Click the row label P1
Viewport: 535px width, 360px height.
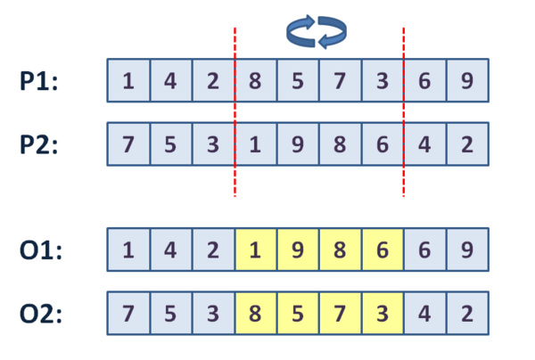pyautogui.click(x=39, y=81)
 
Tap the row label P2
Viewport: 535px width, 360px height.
pyautogui.click(x=39, y=144)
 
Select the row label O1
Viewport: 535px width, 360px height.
pyautogui.click(x=41, y=250)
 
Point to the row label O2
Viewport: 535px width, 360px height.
pyautogui.click(x=41, y=314)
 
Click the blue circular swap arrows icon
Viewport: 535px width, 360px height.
pyautogui.click(x=317, y=32)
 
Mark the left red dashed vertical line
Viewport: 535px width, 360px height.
pyautogui.click(x=235, y=111)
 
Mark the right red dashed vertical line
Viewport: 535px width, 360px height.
pyautogui.click(x=404, y=111)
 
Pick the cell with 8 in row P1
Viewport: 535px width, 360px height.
pyautogui.click(x=256, y=81)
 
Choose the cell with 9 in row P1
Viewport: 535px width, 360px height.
pyautogui.click(x=467, y=81)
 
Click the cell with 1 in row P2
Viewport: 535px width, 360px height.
pyautogui.click(x=256, y=144)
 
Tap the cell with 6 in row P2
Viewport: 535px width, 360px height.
pyautogui.click(x=383, y=144)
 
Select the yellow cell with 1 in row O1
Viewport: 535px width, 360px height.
pyautogui.click(x=256, y=250)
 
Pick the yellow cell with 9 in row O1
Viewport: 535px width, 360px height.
pyautogui.click(x=298, y=250)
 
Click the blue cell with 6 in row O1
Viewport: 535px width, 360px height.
pyautogui.click(x=424, y=250)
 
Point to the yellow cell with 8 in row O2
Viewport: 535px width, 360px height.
pyautogui.click(x=256, y=314)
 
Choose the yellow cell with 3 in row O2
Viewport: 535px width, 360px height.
pyautogui.click(x=383, y=314)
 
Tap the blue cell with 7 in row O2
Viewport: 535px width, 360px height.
pyautogui.click(x=128, y=314)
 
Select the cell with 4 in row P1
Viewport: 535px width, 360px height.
pyautogui.click(x=171, y=81)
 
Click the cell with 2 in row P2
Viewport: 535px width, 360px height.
pyautogui.click(x=467, y=144)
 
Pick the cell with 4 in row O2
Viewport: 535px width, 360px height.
pyautogui.click(x=424, y=314)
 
